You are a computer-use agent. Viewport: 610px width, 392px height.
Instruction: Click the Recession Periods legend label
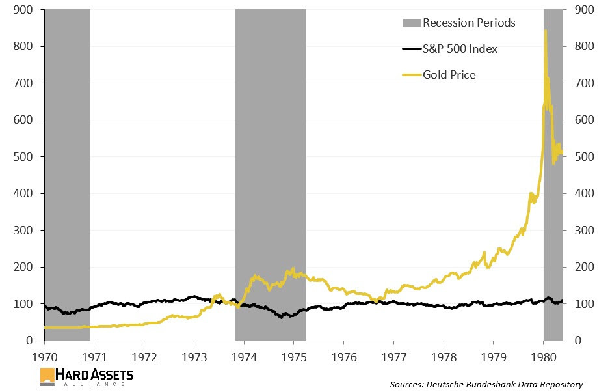[x=468, y=23]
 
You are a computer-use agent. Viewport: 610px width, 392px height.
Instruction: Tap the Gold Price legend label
[x=449, y=75]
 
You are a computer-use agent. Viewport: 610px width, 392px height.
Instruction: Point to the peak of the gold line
[x=545, y=31]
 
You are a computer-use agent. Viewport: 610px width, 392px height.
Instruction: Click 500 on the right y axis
[x=583, y=157]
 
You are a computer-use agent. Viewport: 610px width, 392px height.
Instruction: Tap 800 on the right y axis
[x=583, y=47]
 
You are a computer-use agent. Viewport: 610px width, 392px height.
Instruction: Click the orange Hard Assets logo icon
[x=47, y=376]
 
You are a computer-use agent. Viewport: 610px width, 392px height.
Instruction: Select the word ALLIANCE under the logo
[x=98, y=384]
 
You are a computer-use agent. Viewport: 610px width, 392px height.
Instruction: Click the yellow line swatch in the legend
[x=411, y=75]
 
